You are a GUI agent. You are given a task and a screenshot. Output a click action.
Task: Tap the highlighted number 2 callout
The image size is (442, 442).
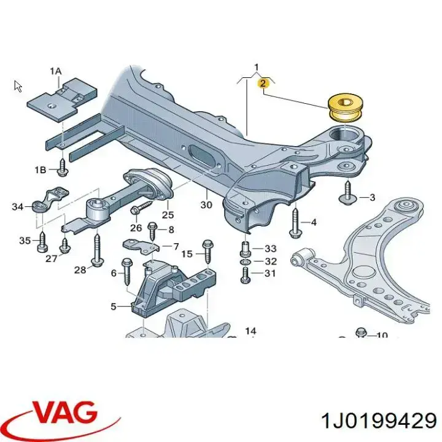pyautogui.click(x=263, y=83)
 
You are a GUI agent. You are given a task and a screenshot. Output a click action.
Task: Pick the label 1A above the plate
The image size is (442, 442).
pyautogui.click(x=55, y=72)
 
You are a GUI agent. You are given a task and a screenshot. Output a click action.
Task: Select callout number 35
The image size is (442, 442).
pyautogui.click(x=24, y=240)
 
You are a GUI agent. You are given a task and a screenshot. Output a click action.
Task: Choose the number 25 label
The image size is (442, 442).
pyautogui.click(x=168, y=214)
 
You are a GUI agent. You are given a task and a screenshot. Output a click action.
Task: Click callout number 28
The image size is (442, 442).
pyautogui.click(x=80, y=270)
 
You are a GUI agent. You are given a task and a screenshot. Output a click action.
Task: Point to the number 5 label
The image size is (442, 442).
pyautogui.click(x=113, y=305)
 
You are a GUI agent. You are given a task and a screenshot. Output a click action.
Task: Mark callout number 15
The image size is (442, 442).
pyautogui.click(x=187, y=253)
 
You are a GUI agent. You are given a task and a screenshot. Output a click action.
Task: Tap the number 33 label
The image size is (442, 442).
pyautogui.click(x=270, y=249)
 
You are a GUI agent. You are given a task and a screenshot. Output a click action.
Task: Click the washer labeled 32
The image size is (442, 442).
pyautogui.click(x=244, y=262)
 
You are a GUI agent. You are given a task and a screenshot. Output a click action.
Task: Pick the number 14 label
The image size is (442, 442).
pyautogui.click(x=250, y=331)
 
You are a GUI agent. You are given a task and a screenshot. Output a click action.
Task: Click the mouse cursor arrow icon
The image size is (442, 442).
pyautogui.click(x=18, y=86)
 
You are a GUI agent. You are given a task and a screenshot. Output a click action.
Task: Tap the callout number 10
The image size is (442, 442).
pyautogui.click(x=382, y=335)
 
